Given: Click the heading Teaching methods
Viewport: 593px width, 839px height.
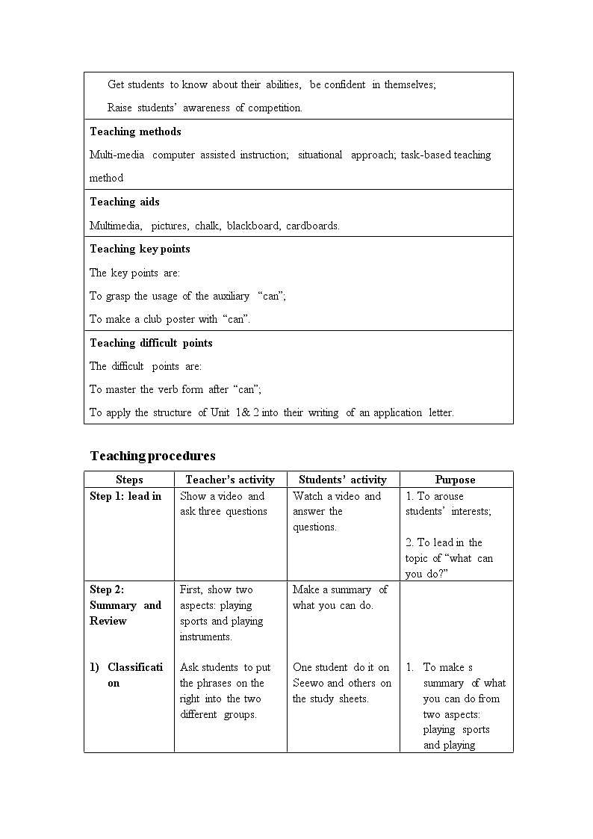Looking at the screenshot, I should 135,131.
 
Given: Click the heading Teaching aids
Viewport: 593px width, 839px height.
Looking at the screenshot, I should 125,202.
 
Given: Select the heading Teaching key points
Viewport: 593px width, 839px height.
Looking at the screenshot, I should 140,249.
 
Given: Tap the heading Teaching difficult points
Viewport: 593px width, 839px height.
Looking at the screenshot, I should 151,343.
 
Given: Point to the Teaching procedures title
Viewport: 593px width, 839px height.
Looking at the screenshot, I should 152,456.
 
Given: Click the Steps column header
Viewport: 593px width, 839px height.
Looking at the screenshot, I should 129,480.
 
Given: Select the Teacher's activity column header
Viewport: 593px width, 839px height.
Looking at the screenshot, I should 230,480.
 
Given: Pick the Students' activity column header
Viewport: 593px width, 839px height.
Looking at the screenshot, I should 343,480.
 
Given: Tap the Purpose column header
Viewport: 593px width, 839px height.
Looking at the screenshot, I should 456,480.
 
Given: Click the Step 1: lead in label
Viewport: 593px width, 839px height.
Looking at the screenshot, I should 125,496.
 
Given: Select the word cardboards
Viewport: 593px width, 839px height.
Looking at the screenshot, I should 312,226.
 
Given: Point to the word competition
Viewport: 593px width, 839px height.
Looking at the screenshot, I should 275,108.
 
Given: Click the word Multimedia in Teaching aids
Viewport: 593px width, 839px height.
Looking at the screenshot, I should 116,226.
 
